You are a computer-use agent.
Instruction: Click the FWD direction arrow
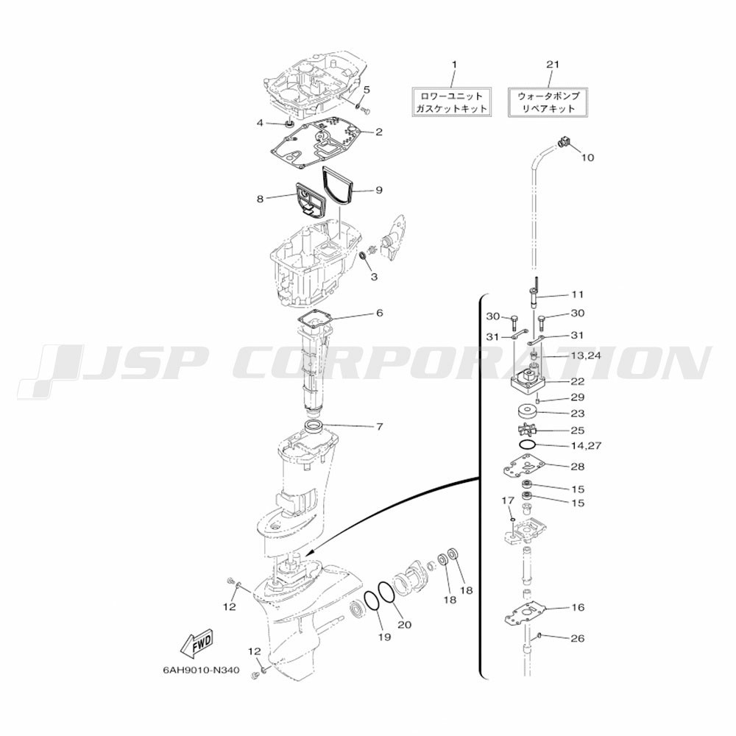[197, 644]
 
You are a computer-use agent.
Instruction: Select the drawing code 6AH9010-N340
[202, 670]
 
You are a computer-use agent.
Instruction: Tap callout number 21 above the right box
[553, 64]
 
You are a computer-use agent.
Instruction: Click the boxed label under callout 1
[452, 102]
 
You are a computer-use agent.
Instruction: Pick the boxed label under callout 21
[548, 102]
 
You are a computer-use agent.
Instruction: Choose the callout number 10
[587, 158]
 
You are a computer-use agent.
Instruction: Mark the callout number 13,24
[585, 355]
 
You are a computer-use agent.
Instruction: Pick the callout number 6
[379, 313]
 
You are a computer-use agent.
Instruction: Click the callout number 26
[577, 638]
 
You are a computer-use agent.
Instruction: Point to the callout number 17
[509, 500]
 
